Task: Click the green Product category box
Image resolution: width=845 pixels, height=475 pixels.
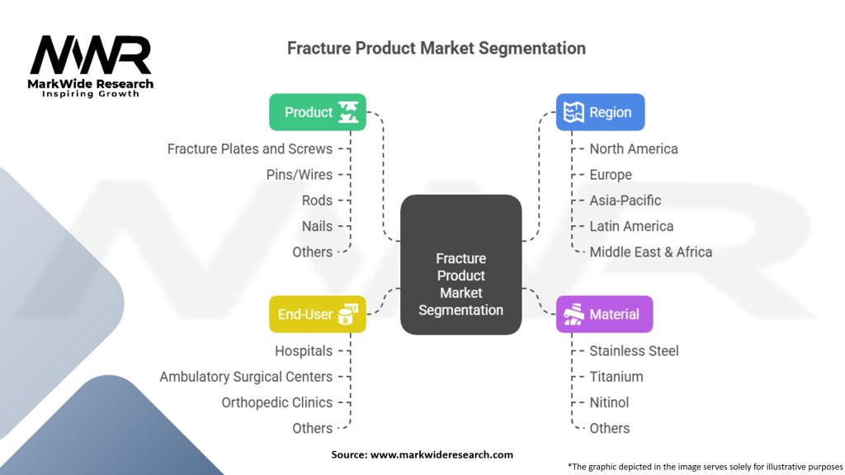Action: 318,112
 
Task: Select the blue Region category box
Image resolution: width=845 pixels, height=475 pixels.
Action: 601,112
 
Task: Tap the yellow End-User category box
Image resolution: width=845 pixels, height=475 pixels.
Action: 318,314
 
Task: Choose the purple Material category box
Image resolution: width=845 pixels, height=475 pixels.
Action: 605,314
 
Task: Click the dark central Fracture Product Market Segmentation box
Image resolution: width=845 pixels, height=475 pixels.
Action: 460,265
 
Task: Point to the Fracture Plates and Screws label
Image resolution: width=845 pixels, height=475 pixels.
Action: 249,148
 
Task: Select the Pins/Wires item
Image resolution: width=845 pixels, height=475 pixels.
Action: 299,175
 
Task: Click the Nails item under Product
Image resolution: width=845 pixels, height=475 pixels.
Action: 317,226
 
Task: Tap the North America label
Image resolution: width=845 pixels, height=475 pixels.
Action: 634,148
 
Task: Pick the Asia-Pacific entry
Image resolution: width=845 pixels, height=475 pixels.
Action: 625,200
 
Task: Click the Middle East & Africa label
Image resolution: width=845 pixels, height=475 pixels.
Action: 650,252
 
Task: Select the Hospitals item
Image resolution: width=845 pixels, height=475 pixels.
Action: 304,351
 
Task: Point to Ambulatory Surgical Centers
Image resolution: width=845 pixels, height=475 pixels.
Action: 246,377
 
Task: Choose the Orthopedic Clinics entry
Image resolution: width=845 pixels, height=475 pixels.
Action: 277,402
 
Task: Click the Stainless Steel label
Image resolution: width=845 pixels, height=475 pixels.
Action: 634,351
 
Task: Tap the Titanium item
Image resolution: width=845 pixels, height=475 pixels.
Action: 616,377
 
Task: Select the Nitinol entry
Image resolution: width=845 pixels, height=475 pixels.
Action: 609,402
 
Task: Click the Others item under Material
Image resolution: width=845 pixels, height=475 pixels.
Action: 610,428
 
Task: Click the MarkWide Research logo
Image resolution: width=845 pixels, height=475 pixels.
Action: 91,66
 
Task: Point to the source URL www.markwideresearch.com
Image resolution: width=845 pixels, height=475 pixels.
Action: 441,454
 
